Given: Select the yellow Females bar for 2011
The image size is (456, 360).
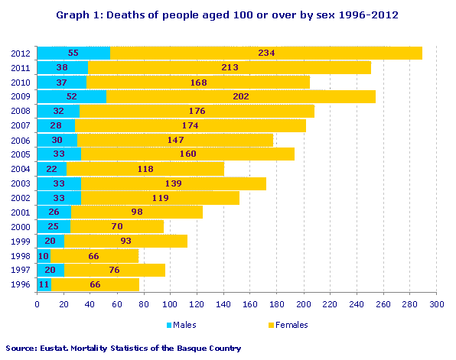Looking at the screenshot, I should tap(230, 67).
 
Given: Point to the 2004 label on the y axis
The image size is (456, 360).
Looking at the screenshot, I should tap(21, 168).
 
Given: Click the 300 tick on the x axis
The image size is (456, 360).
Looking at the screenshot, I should tap(437, 304).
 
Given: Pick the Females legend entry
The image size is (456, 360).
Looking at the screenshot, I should tap(288, 325).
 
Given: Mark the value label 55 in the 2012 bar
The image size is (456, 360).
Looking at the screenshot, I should tap(73, 53).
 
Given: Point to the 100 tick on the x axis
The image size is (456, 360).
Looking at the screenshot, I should tap(171, 304).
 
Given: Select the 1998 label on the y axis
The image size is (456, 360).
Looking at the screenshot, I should tap(21, 255).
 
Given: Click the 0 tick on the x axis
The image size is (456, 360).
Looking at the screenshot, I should tap(37, 304).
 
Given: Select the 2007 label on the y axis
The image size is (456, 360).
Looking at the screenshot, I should tap(21, 125).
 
